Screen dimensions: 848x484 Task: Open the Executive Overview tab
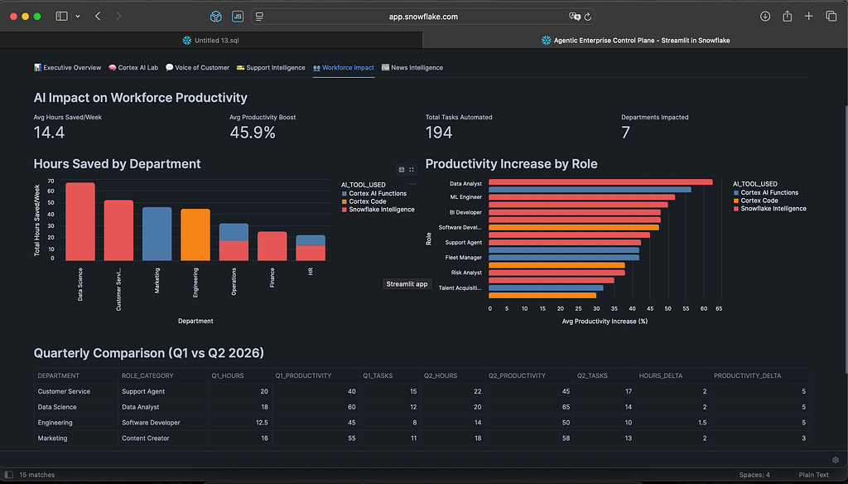(68, 68)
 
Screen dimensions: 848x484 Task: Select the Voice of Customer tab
(197, 68)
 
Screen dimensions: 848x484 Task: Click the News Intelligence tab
(412, 68)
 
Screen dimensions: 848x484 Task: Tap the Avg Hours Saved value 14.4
(49, 133)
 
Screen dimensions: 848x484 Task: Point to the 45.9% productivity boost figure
(253, 133)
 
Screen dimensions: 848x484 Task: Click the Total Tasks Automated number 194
(439, 133)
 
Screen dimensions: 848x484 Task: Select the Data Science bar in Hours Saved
(80, 221)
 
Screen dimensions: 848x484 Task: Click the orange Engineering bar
(195, 235)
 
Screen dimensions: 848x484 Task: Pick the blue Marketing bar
(157, 234)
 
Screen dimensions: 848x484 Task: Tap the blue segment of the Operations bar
(234, 232)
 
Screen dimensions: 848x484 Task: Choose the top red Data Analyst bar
(600, 182)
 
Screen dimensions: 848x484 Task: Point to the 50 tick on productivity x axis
(668, 308)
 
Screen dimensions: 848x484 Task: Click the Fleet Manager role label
(464, 258)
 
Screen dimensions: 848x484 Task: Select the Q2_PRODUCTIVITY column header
(517, 375)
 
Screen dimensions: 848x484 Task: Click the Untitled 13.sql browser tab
(211, 40)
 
